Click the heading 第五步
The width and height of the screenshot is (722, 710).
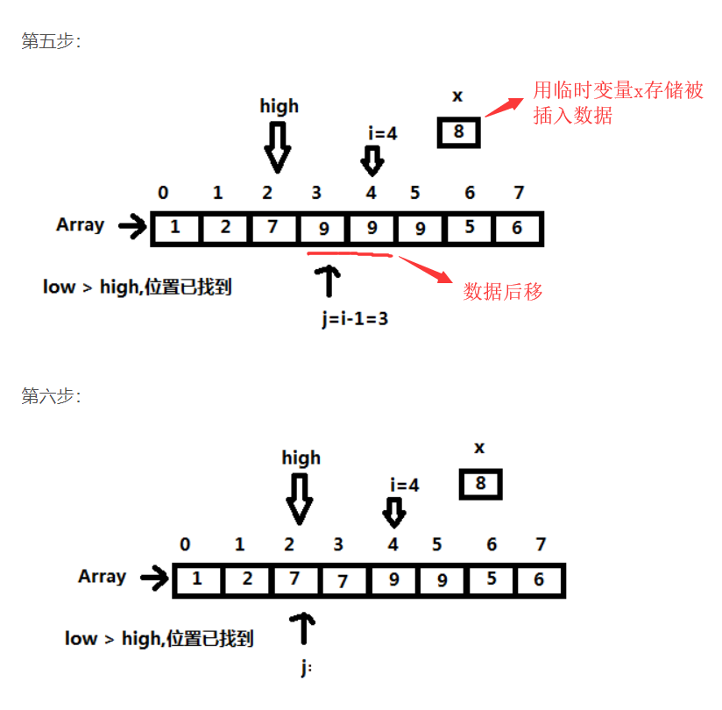coord(51,41)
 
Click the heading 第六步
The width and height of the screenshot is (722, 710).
coord(51,396)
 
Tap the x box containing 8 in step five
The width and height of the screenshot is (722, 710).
coord(458,132)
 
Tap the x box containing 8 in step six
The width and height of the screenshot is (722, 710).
coord(479,484)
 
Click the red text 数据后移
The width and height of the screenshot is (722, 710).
coord(503,292)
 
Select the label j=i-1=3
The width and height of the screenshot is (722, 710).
coord(355,319)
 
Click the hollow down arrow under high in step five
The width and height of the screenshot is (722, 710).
coord(278,146)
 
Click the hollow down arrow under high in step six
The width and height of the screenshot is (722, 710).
coord(300,498)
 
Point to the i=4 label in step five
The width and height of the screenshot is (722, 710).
coord(383,133)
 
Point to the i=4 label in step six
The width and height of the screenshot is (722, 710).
coord(404,485)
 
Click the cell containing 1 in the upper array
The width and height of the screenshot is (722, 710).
coord(175,229)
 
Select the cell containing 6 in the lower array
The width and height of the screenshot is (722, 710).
coord(539,579)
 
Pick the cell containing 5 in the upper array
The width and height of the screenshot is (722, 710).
coord(470,229)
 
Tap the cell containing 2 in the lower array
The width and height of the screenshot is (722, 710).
coord(247,579)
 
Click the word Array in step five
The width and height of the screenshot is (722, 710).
coord(80,225)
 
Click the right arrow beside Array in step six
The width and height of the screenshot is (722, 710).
coord(154,578)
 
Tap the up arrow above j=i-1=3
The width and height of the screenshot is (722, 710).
coord(329,280)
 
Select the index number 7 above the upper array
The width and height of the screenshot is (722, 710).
coord(519,193)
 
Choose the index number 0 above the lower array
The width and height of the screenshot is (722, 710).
coord(185,544)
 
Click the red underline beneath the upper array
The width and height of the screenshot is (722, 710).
coord(350,254)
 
